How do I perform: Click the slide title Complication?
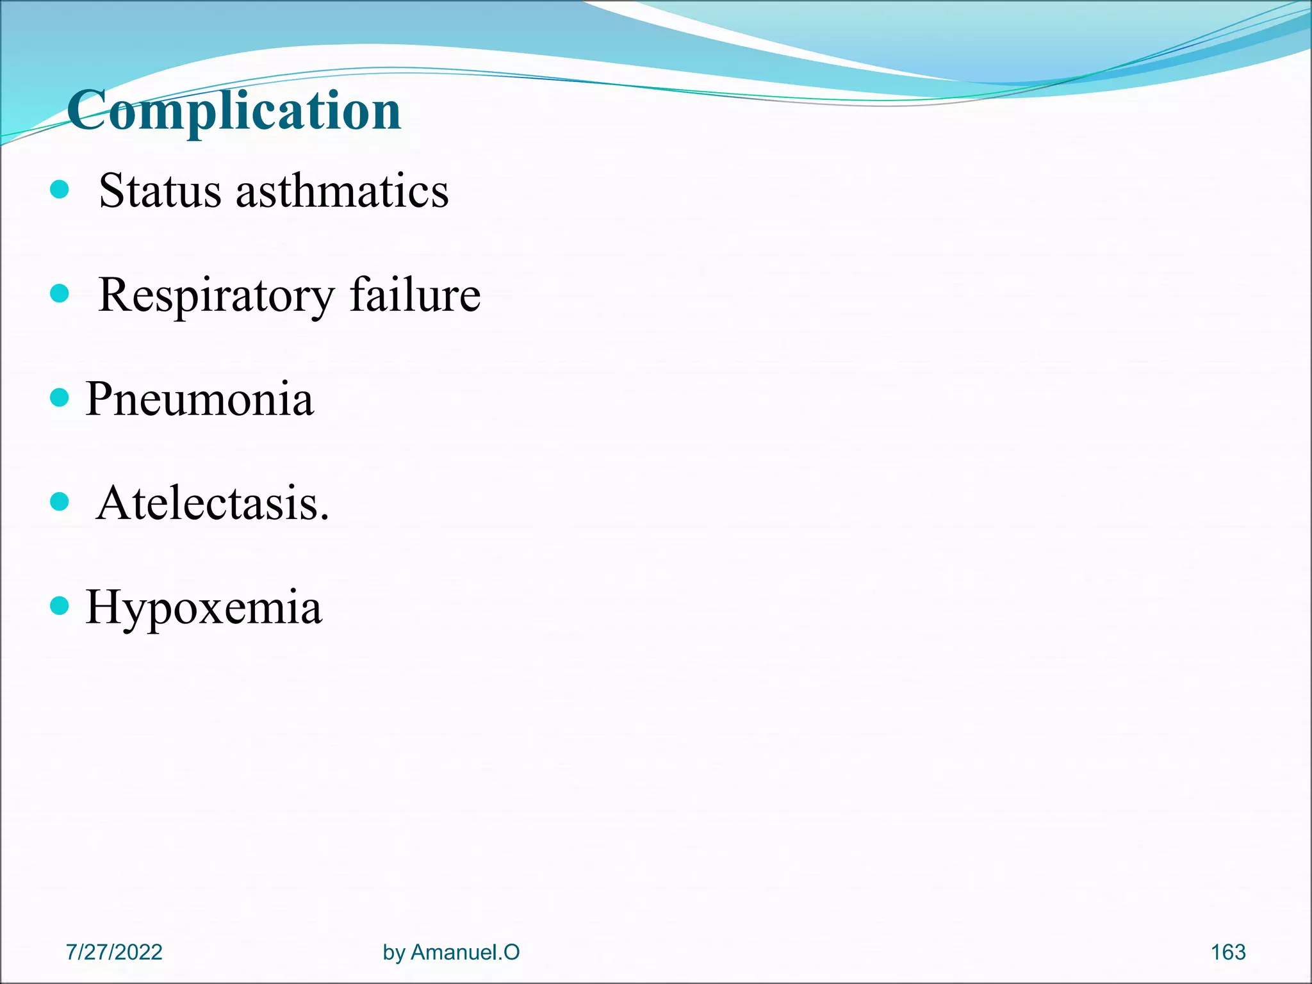[x=234, y=110]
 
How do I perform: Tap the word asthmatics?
[x=342, y=191]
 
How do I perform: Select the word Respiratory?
[x=217, y=296]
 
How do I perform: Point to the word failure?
[x=415, y=295]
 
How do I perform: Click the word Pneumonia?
[x=200, y=399]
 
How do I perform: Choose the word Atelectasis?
[x=208, y=504]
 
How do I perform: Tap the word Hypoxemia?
[x=204, y=607]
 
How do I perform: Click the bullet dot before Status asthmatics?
[x=59, y=190]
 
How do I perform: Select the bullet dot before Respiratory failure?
[x=59, y=294]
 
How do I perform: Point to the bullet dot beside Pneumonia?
[x=59, y=398]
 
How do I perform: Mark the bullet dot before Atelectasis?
[x=59, y=502]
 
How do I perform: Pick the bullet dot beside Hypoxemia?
[x=59, y=605]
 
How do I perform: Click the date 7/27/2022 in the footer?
[x=114, y=952]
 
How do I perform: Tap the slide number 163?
[x=1228, y=952]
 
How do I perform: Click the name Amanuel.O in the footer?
[x=465, y=952]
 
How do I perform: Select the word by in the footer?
[x=394, y=953]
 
